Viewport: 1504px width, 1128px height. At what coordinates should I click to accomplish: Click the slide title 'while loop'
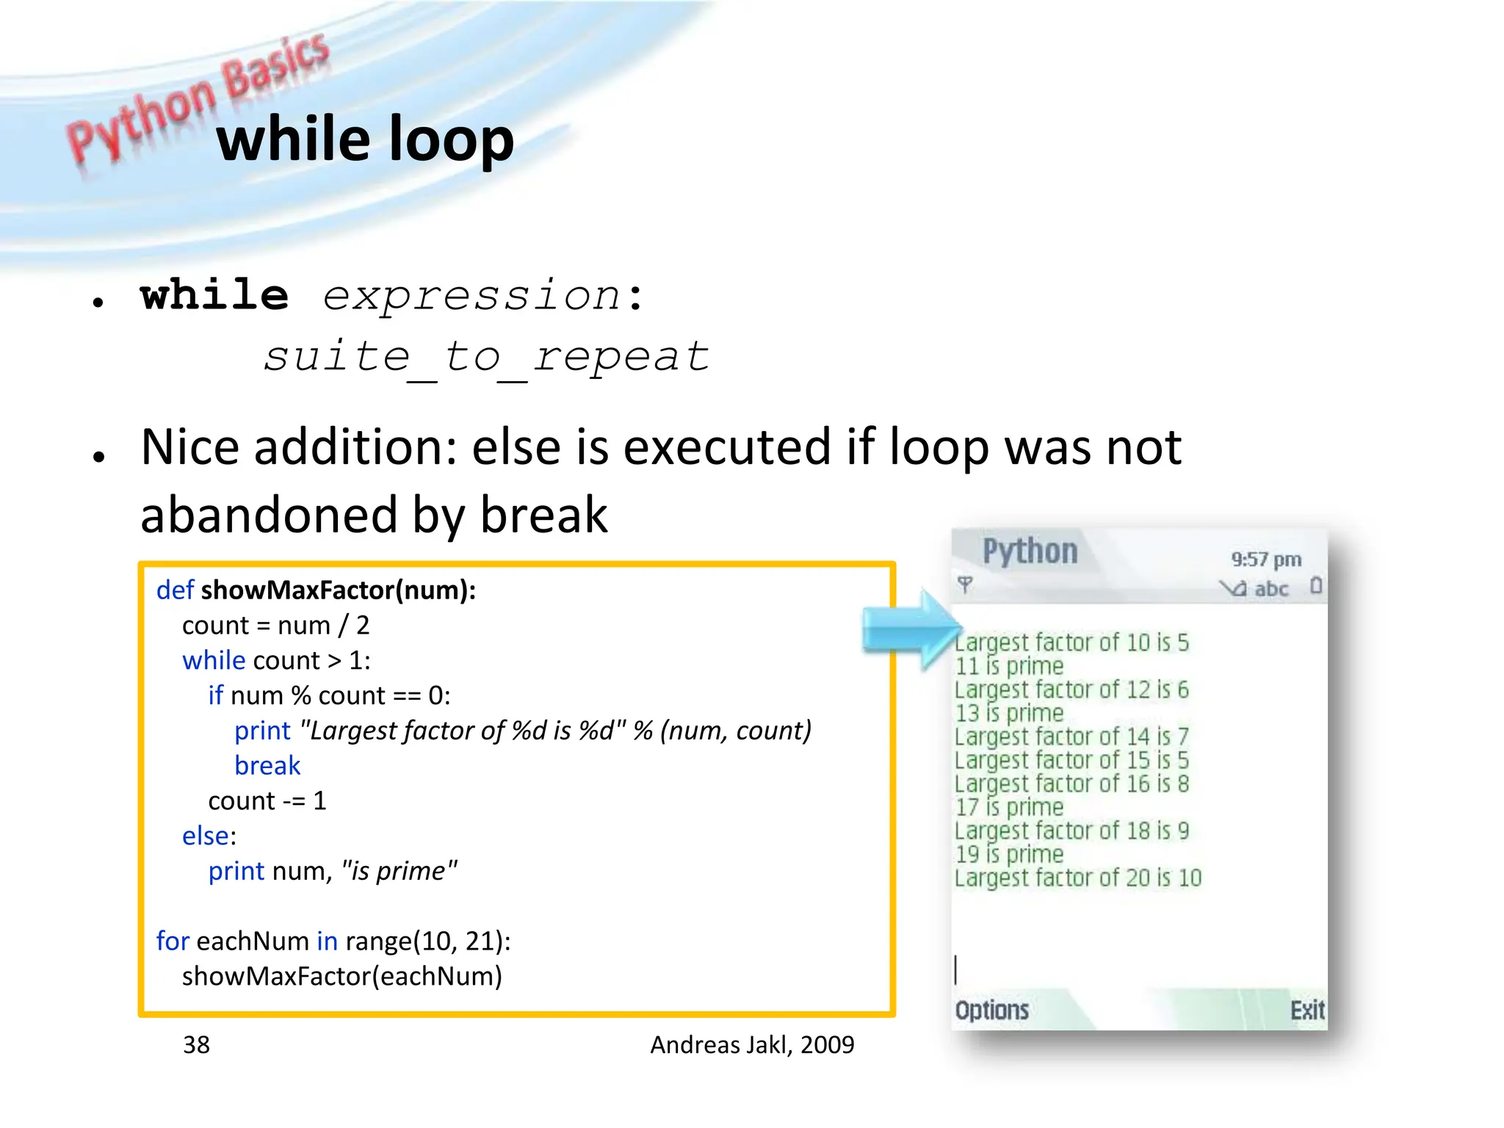(x=365, y=140)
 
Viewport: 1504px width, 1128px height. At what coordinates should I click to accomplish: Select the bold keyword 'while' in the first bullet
(x=214, y=296)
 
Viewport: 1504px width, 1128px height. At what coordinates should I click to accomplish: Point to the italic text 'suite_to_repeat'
(x=486, y=358)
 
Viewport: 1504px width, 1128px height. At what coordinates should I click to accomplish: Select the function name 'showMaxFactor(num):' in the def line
(x=339, y=590)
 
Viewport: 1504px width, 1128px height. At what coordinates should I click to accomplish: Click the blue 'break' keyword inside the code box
(x=267, y=765)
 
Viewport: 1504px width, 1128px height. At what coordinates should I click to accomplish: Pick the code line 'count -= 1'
(x=267, y=800)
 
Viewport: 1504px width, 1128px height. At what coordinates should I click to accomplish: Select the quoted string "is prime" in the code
(x=399, y=871)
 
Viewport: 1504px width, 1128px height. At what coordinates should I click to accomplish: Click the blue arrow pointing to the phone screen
(x=911, y=629)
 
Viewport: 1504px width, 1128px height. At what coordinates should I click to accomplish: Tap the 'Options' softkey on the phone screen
(x=991, y=1010)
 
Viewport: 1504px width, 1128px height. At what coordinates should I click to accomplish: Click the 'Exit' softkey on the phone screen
(x=1307, y=1010)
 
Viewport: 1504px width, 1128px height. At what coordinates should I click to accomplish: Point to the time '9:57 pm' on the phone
(x=1266, y=560)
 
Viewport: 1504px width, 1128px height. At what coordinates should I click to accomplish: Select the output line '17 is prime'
(x=1009, y=807)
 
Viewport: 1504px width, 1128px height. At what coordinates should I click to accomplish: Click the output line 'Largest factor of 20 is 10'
(x=1077, y=878)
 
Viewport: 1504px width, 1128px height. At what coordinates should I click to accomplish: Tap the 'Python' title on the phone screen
(x=1030, y=552)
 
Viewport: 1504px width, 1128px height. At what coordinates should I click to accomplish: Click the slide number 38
(x=196, y=1044)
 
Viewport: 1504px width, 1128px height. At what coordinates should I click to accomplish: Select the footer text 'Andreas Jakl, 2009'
(x=752, y=1044)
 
